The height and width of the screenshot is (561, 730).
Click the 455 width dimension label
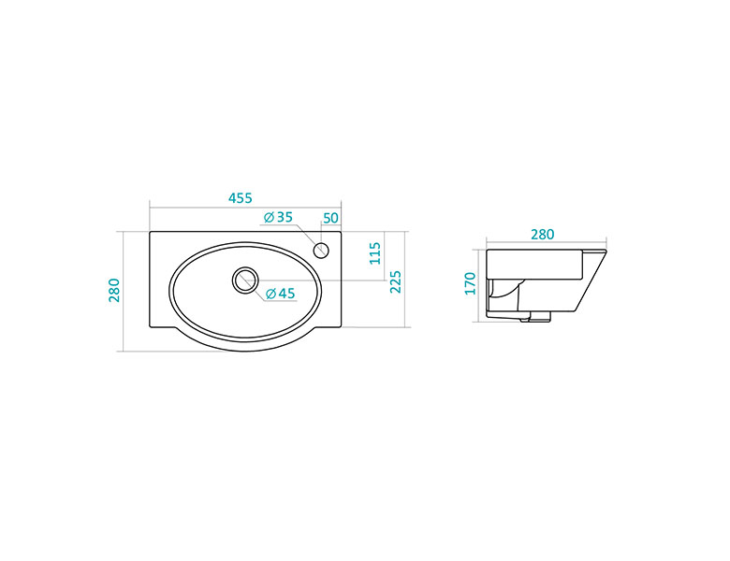[x=241, y=198]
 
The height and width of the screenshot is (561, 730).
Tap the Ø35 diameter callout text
[x=278, y=217]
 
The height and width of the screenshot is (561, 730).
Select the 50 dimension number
[x=330, y=218]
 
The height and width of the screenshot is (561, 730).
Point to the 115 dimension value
[x=375, y=253]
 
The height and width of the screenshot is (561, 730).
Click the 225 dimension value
[x=395, y=281]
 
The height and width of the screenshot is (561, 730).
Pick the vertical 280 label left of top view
[x=114, y=290]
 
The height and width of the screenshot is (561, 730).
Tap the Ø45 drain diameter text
[x=280, y=294]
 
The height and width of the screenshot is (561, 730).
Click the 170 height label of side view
[x=470, y=283]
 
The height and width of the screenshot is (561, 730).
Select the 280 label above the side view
[x=543, y=235]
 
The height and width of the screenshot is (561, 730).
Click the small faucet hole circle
[x=321, y=251]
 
